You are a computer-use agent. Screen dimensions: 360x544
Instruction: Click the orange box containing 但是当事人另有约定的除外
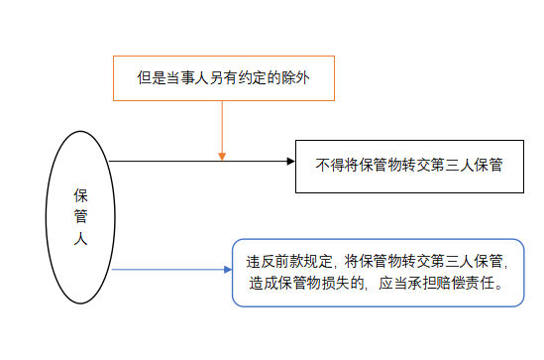coord(222,77)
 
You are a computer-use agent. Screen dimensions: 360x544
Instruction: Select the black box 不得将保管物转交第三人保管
coord(409,162)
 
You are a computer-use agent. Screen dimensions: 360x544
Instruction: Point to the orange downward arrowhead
coord(222,155)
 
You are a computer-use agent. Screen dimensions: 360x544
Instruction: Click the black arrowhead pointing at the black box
coord(289,161)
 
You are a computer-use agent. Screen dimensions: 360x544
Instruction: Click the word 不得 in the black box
coord(328,162)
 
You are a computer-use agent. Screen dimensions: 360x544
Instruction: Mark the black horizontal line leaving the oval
coord(198,161)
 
